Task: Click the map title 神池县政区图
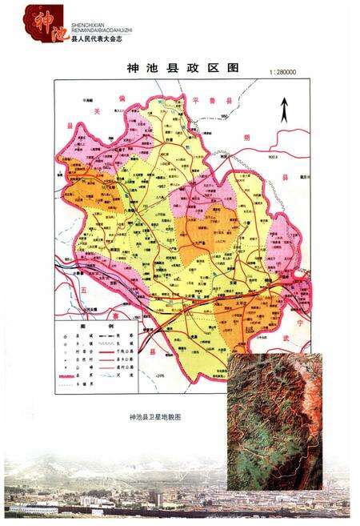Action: pos(182,69)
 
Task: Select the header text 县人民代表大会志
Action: pos(100,38)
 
